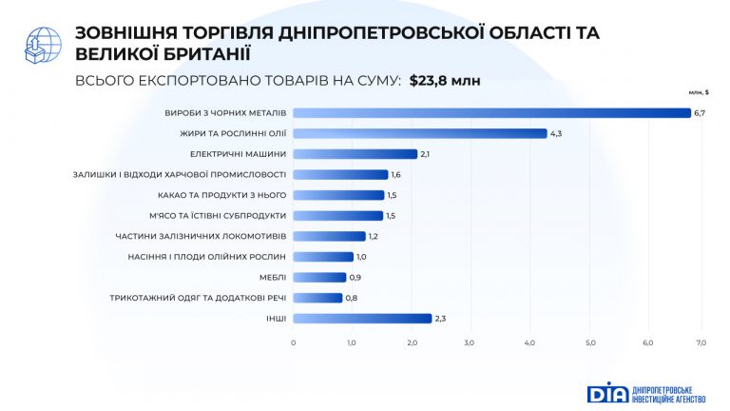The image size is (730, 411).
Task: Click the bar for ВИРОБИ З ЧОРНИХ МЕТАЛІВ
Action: coord(492,113)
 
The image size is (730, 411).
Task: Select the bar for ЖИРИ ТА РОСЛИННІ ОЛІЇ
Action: coord(420,133)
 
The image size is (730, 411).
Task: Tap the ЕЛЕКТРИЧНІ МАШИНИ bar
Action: coord(355,154)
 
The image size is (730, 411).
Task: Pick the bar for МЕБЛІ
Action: coord(320,277)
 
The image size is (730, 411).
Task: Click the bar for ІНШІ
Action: coord(362,318)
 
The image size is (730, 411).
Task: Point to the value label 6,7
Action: coord(700,113)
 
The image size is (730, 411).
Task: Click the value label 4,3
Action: coord(556,133)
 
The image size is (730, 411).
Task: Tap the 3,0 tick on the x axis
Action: coord(470,342)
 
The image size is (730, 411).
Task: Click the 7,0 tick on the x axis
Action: coord(701,342)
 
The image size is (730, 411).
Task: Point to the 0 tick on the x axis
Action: coord(294,342)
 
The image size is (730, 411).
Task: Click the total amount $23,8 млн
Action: coord(445,81)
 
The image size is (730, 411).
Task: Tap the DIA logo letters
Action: coord(607,392)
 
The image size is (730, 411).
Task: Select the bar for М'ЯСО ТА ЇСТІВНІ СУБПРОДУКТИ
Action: coord(338,216)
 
